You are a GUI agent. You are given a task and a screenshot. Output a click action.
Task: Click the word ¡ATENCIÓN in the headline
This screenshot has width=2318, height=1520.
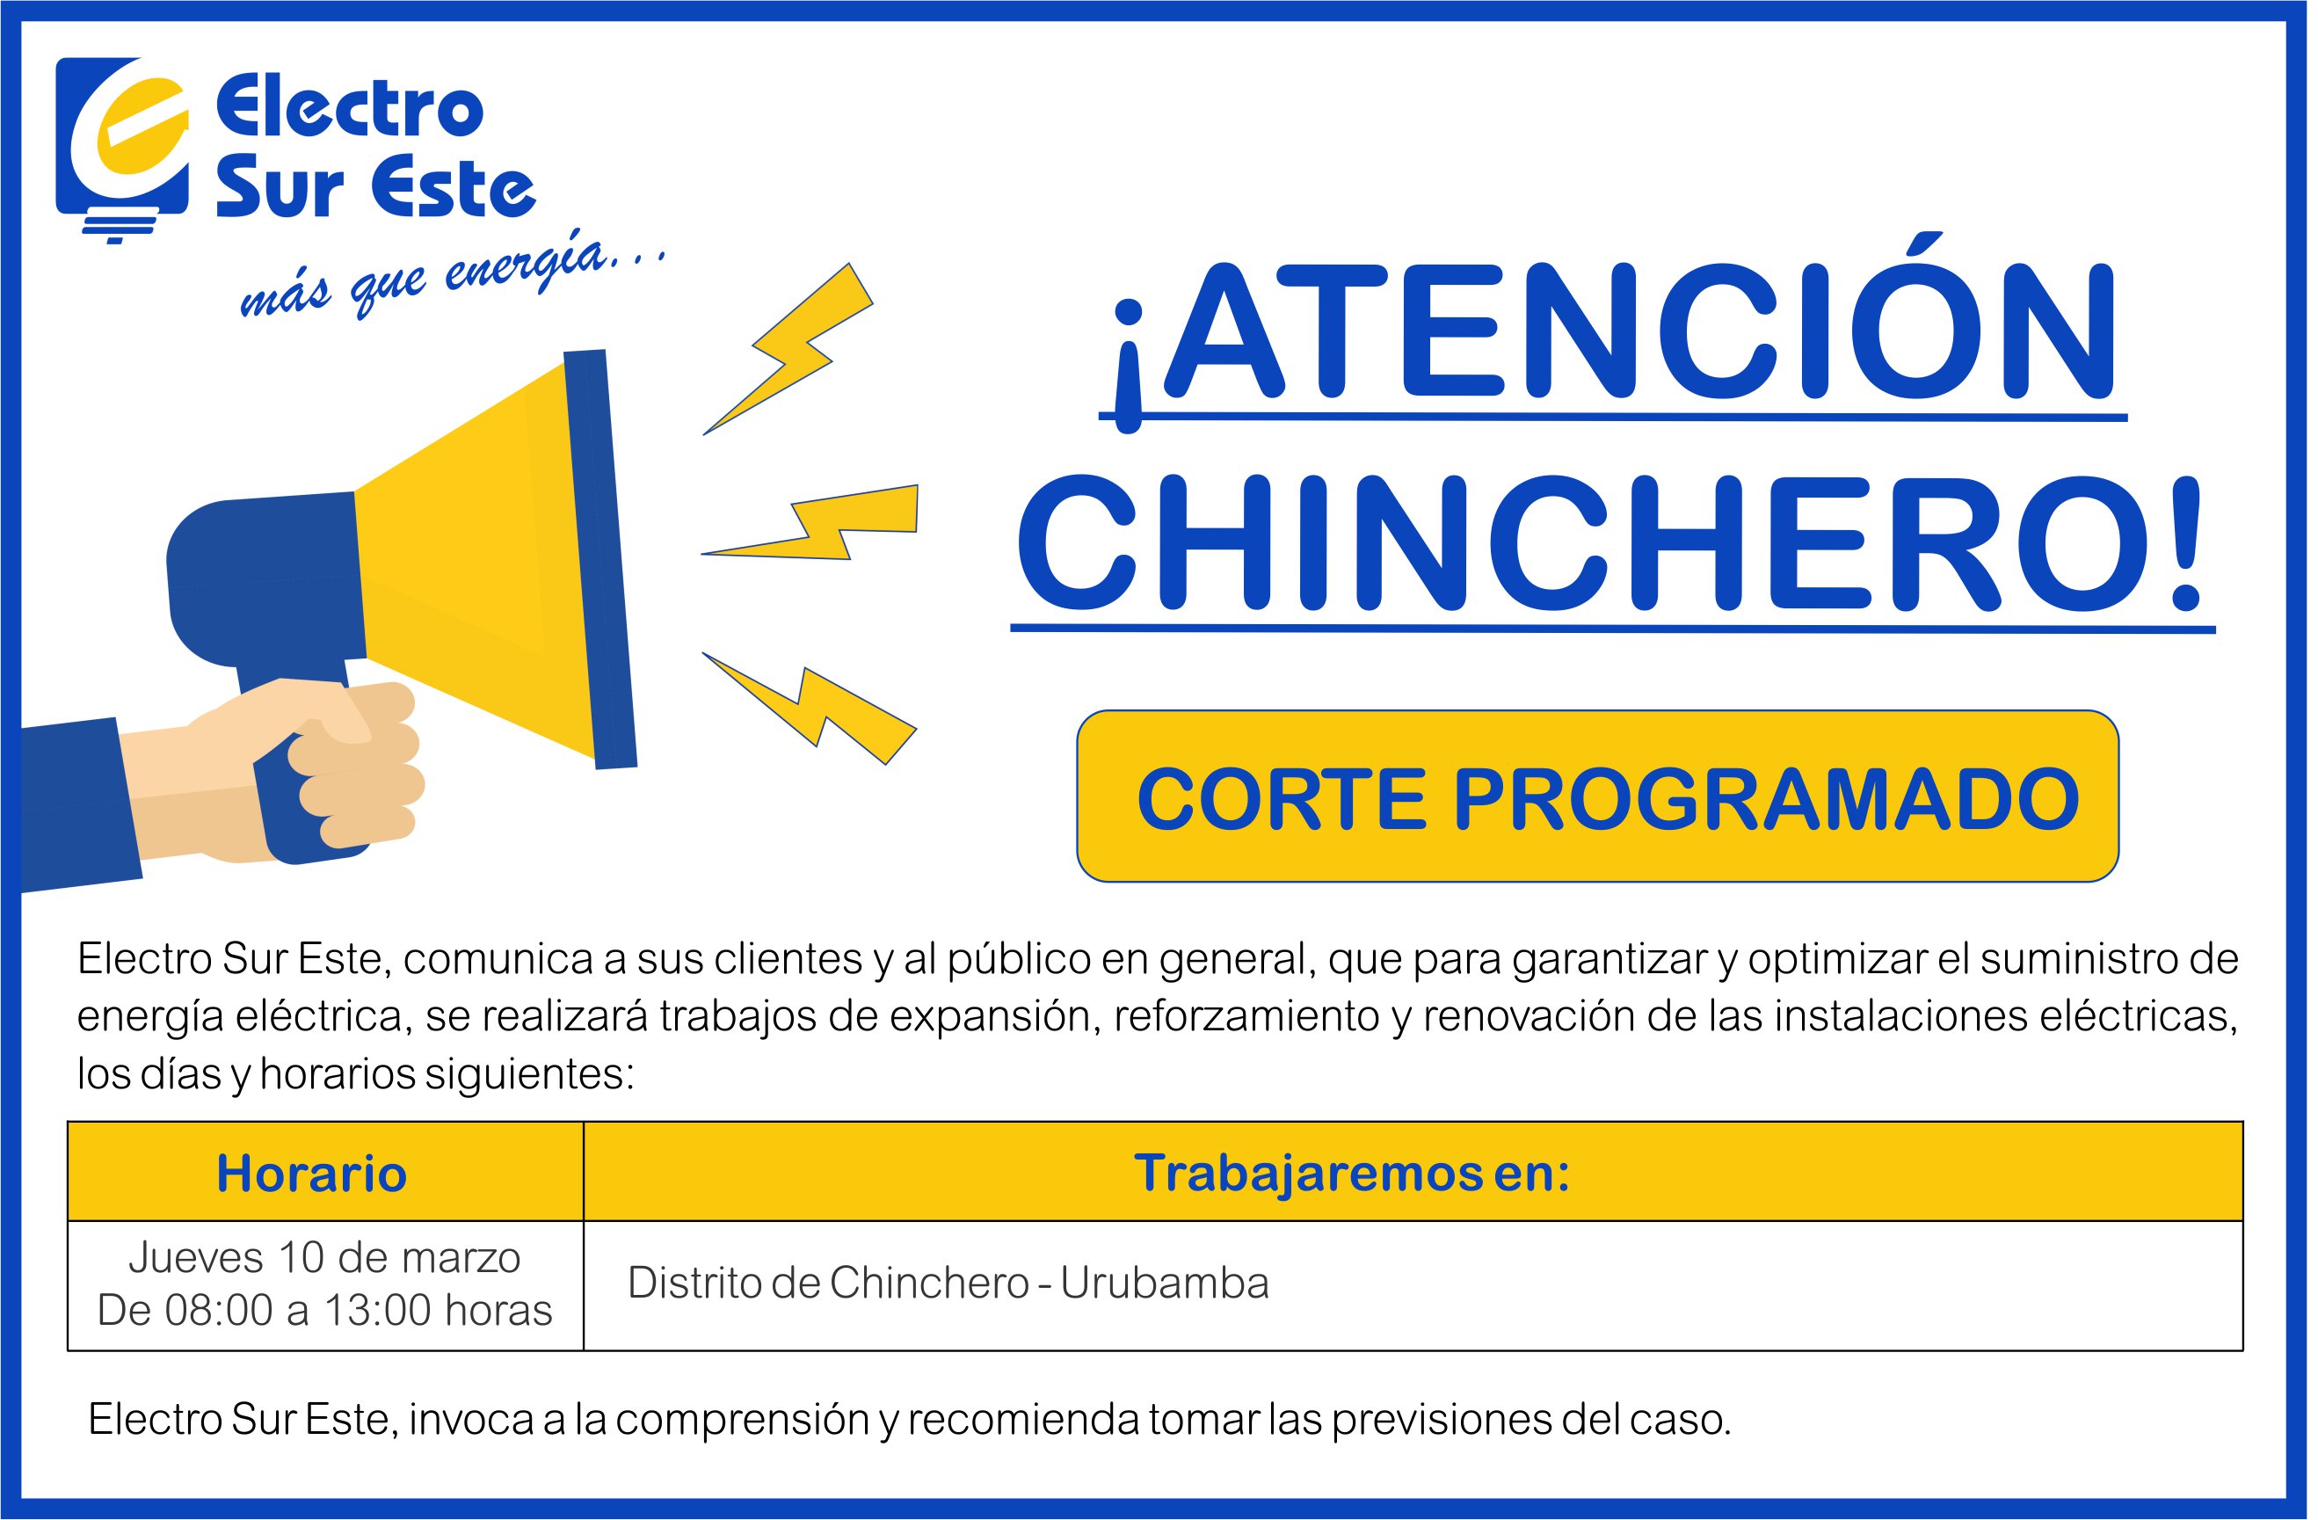[1612, 331]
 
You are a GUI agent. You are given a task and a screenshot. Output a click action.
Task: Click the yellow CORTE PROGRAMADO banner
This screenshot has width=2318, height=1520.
[1598, 796]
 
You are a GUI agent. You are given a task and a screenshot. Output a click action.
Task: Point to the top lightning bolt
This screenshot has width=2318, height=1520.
[788, 348]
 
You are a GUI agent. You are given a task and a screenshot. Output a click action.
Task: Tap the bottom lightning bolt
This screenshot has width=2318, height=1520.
[810, 708]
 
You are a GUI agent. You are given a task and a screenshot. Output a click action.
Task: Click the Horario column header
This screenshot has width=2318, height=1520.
[312, 1173]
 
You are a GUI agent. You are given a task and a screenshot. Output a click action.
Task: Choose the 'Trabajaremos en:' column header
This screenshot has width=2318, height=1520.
[1352, 1173]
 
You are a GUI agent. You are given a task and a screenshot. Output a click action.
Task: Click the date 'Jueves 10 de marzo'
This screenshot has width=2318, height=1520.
[324, 1258]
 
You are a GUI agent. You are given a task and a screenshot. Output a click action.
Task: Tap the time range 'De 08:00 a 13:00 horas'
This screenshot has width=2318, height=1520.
[324, 1311]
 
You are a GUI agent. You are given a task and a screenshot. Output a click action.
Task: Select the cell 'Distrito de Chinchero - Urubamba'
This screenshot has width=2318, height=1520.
[948, 1284]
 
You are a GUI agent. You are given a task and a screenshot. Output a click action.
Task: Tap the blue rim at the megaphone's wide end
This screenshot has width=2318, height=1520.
[600, 559]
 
